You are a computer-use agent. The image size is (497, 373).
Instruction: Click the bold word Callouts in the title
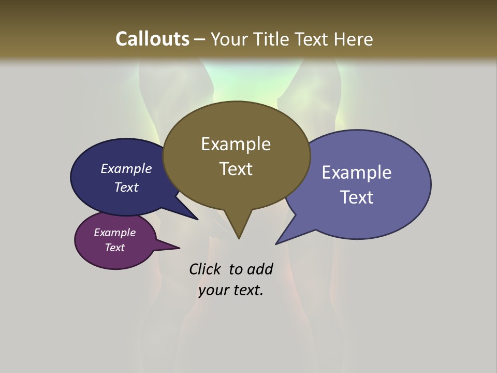[152, 39]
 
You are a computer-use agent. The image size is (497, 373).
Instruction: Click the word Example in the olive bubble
[236, 144]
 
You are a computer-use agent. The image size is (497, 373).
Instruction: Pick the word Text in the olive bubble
[236, 168]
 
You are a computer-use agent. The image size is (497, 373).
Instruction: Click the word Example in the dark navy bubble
[126, 168]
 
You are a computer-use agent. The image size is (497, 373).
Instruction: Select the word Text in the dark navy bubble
[126, 187]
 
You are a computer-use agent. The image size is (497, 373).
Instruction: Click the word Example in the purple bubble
[114, 233]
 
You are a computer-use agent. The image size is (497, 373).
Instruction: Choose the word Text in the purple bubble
[114, 248]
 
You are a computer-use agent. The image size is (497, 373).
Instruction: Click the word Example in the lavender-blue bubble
[356, 173]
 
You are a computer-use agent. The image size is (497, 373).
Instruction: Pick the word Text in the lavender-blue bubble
[356, 197]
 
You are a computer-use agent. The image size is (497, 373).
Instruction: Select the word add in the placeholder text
[260, 269]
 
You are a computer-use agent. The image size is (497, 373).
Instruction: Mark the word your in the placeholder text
[213, 290]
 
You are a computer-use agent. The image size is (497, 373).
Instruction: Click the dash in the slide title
[200, 39]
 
